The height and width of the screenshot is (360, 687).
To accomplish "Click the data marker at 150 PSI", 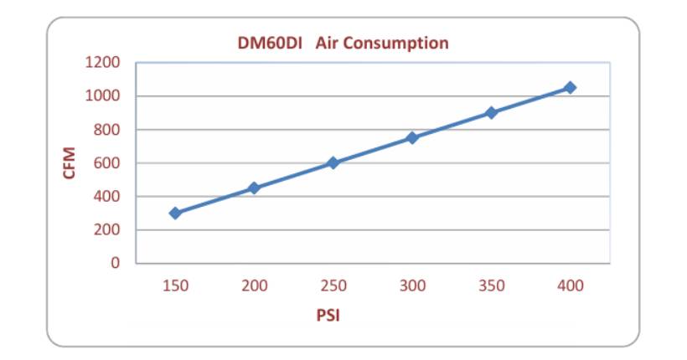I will click(175, 213).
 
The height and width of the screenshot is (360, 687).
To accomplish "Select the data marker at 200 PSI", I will click(254, 188).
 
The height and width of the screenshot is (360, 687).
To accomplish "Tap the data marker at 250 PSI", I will click(333, 162).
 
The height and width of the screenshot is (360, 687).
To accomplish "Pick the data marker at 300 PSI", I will click(412, 137).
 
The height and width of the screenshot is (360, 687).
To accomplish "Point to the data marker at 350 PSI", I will click(491, 112).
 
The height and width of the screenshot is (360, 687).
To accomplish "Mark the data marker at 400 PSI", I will click(570, 87).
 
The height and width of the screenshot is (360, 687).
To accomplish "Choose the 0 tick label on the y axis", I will click(116, 263).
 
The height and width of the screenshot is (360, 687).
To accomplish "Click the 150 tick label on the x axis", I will click(175, 285).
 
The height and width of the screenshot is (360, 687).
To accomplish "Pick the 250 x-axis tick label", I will click(333, 285).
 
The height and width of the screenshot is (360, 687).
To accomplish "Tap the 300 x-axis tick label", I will click(412, 285).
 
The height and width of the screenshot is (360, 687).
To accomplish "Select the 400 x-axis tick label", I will click(570, 285).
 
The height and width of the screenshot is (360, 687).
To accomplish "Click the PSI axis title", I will click(328, 316).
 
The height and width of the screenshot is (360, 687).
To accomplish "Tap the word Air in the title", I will click(328, 43).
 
